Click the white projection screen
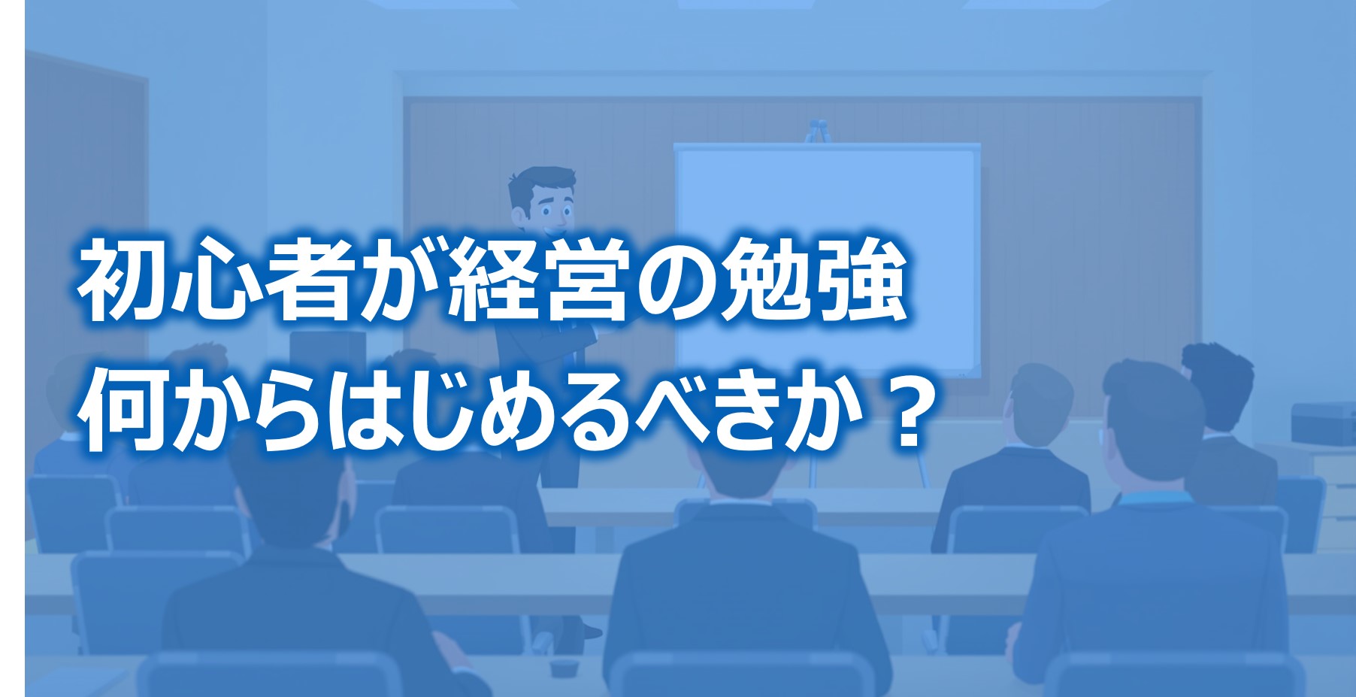828,260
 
